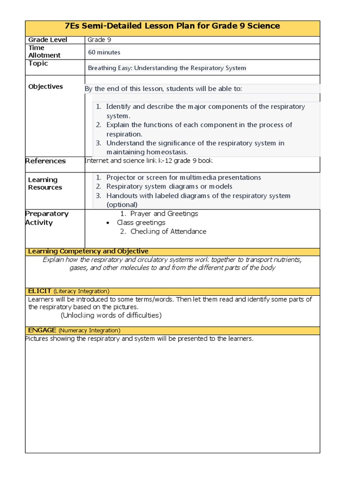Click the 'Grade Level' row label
click(x=48, y=40)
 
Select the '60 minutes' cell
click(x=104, y=52)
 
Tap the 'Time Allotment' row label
click(x=44, y=52)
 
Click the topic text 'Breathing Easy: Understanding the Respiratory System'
click(x=167, y=68)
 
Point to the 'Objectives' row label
click(x=45, y=87)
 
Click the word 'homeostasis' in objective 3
click(x=161, y=152)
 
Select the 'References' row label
click(x=45, y=161)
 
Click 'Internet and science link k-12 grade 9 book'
click(x=149, y=161)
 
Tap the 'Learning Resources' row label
click(x=45, y=184)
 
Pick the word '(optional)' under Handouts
click(x=122, y=205)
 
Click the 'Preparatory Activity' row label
click(x=46, y=218)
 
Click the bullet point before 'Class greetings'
click(x=108, y=223)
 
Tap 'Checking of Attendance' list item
click(x=168, y=232)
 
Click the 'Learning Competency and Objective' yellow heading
click(x=88, y=252)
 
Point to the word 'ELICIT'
click(x=39, y=291)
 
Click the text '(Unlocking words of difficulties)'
click(x=111, y=315)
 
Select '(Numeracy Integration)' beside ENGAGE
click(x=89, y=330)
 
